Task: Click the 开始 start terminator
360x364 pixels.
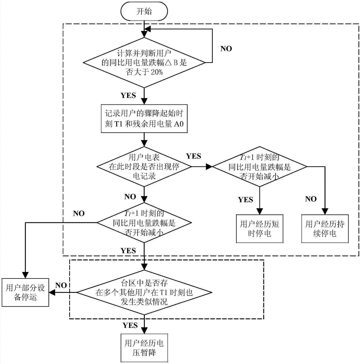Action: click(144, 11)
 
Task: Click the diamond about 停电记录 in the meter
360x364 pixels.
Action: click(144, 166)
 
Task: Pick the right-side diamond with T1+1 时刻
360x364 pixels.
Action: click(260, 166)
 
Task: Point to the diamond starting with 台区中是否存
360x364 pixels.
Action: click(144, 292)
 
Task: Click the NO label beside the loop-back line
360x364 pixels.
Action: click(226, 48)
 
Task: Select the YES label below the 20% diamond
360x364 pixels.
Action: click(128, 96)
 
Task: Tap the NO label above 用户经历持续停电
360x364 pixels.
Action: click(311, 199)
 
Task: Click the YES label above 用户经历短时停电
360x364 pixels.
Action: click(246, 199)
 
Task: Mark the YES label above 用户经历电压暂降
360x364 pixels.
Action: click(130, 325)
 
